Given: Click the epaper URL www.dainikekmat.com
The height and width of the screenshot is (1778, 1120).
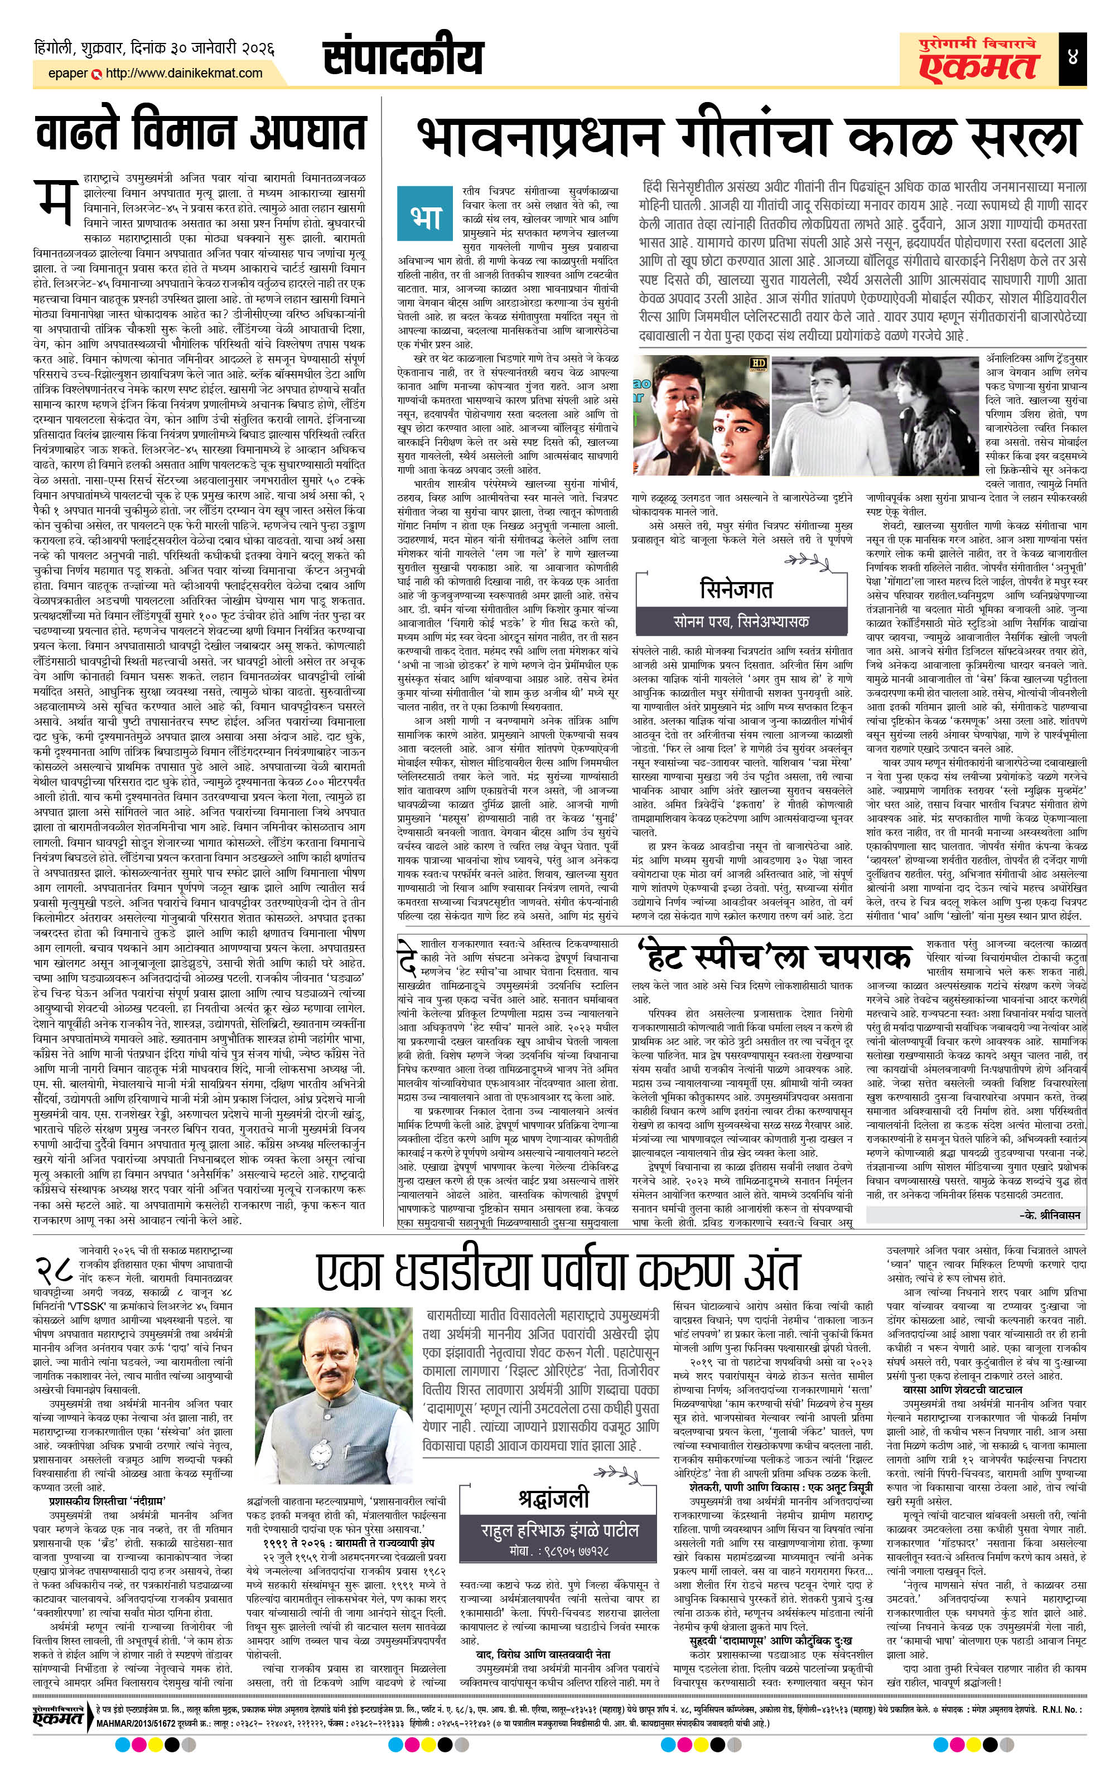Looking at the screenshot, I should point(184,73).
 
